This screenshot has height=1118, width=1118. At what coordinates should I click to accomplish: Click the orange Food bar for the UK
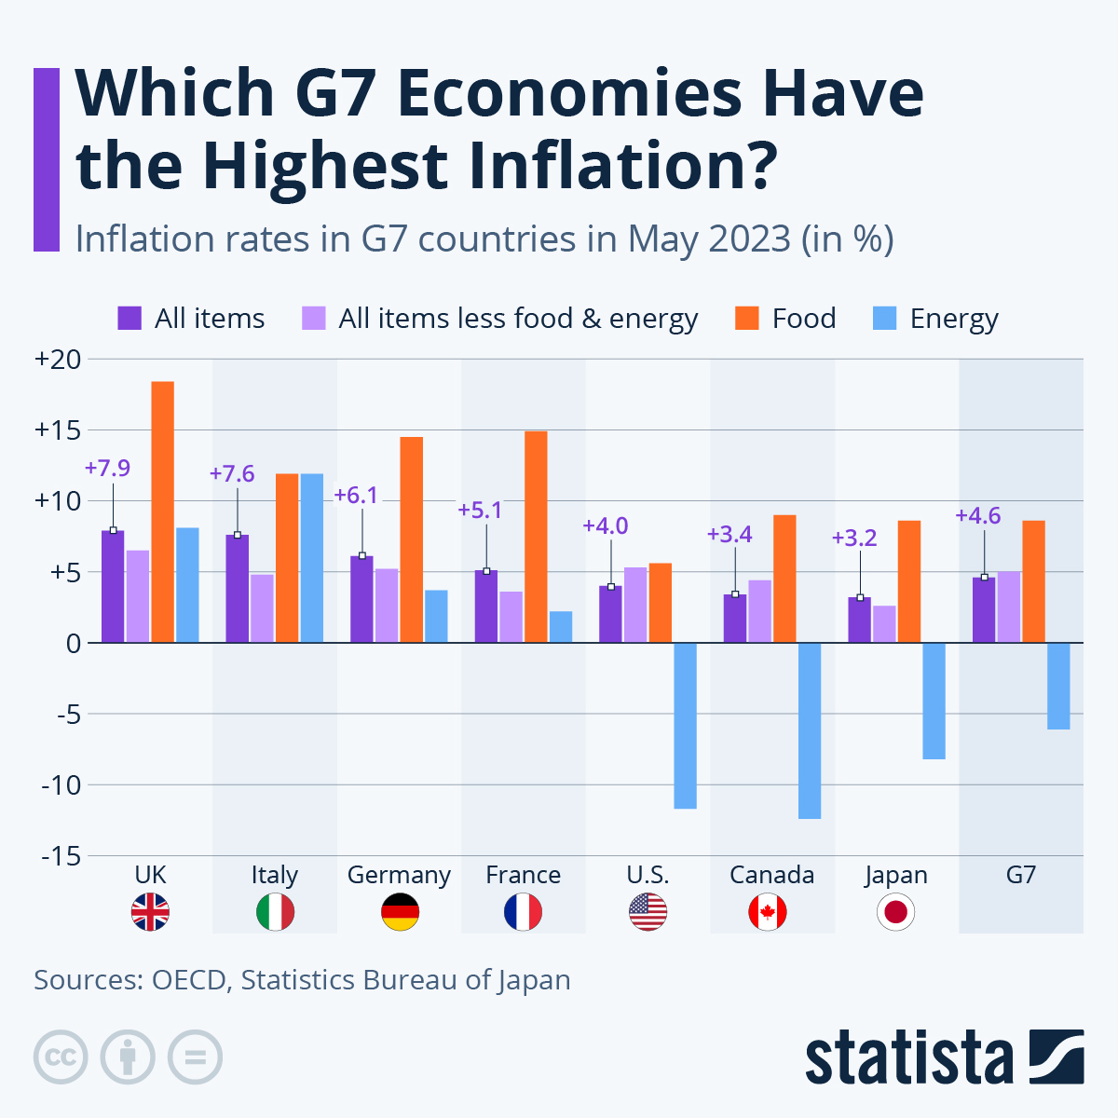point(163,511)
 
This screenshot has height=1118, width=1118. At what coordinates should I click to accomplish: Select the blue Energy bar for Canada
point(810,730)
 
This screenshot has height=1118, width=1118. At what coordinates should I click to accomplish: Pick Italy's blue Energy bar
point(312,558)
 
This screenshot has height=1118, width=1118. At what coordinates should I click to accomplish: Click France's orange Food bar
point(536,537)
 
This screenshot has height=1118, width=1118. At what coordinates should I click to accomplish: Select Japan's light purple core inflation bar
point(884,623)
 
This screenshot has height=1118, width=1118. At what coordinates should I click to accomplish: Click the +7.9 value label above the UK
point(107,468)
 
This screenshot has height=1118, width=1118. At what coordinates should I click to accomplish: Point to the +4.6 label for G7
point(978,516)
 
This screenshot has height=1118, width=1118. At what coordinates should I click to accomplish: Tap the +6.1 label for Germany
point(356,495)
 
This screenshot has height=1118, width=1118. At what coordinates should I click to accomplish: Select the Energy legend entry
point(936,319)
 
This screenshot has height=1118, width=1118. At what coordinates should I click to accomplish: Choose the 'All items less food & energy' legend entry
point(500,319)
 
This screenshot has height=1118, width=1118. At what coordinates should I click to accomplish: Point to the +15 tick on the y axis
point(57,430)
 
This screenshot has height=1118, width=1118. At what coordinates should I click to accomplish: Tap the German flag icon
point(400,912)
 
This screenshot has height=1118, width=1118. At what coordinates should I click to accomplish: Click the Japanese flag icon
point(896,912)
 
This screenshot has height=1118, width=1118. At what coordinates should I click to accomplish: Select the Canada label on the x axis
point(771,875)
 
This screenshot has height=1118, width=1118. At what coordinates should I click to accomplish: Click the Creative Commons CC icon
point(61,1057)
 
